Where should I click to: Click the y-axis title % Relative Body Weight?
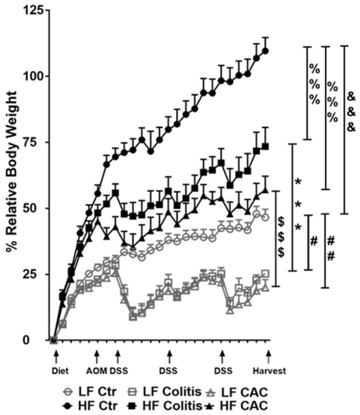(12, 175)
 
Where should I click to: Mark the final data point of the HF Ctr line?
(266, 51)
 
